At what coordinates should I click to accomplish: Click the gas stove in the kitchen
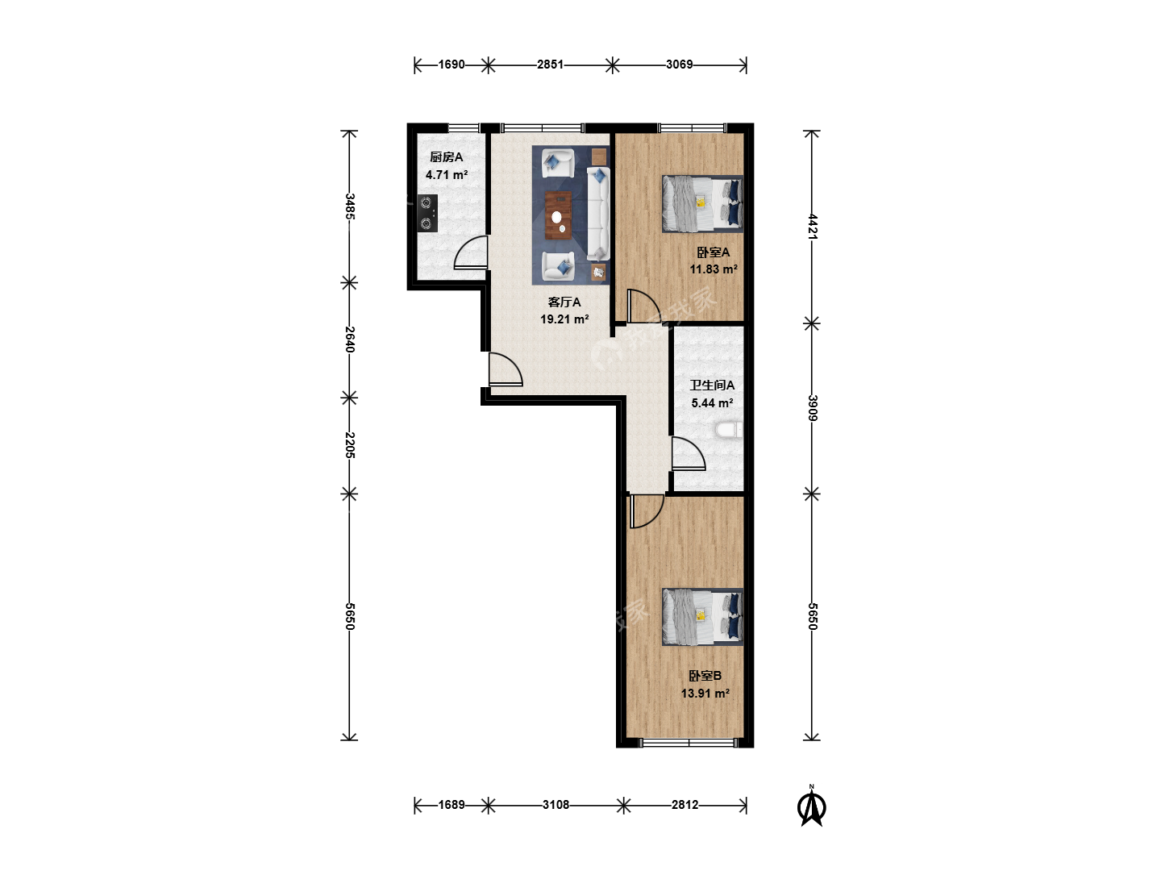click(x=427, y=213)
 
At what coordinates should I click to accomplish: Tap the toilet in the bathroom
click(x=729, y=429)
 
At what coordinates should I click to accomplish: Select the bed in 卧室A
click(x=702, y=203)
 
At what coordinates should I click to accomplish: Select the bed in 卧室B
click(x=702, y=617)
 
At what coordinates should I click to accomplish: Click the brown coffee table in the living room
click(x=558, y=215)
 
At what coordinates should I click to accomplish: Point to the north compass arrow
click(x=811, y=806)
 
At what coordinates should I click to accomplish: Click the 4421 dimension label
click(x=813, y=227)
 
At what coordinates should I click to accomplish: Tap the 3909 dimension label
click(x=813, y=408)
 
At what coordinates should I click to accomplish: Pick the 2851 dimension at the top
click(x=550, y=65)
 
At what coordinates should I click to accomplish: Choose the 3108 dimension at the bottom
click(x=556, y=805)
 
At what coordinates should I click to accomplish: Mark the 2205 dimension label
click(x=350, y=444)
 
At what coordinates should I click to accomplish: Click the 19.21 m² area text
click(x=564, y=319)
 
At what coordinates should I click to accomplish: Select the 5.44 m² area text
click(x=712, y=403)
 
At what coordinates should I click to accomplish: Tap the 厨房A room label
click(x=447, y=157)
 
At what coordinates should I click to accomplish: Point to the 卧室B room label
click(x=705, y=676)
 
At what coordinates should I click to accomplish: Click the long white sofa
click(x=598, y=214)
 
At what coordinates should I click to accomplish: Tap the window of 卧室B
click(x=689, y=743)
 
